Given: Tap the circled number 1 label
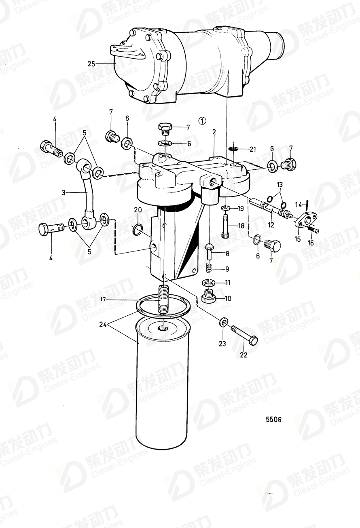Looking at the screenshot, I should (203, 120).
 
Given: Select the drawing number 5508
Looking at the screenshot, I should (273, 419).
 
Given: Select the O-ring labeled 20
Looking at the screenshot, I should (138, 230).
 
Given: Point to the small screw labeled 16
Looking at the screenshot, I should (313, 230).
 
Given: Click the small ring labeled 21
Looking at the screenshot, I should (232, 150).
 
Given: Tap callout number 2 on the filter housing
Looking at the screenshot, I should (214, 131).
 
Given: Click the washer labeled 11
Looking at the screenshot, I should (209, 282).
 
